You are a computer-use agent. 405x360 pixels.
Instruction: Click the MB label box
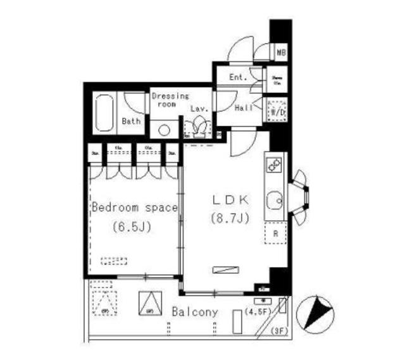pos(280,52)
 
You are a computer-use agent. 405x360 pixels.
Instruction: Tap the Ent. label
pos(237,78)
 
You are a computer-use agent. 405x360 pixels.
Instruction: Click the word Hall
pos(244,109)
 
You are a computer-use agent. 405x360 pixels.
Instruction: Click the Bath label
pos(131,121)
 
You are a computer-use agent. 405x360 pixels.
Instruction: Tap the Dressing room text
pos(170,100)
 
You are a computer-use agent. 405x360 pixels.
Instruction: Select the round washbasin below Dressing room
pos(164,130)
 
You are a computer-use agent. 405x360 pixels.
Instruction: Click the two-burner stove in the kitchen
pos(274,166)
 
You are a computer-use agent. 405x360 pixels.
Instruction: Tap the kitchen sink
pos(275,201)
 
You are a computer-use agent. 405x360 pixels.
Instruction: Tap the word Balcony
pos(195,312)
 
